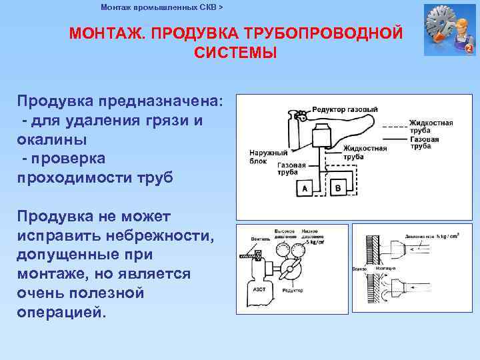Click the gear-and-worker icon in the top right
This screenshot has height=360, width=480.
click(449, 30)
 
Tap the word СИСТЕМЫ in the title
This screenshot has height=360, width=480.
click(235, 53)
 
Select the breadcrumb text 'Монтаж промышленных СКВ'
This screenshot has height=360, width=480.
click(159, 7)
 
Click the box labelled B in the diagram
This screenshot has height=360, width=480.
click(337, 189)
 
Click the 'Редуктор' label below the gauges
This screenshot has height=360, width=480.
click(293, 291)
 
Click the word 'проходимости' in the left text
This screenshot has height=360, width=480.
click(84, 178)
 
